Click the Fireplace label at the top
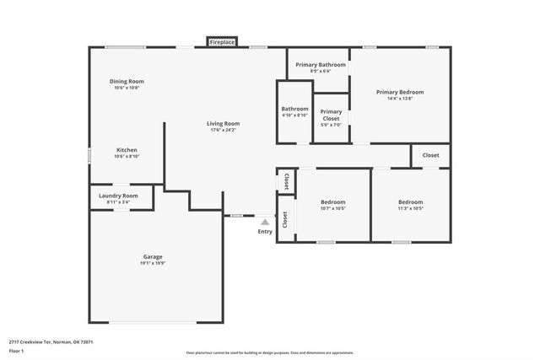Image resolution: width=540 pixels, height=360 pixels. [x=223, y=41]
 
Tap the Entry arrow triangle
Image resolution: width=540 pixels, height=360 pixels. [x=265, y=222]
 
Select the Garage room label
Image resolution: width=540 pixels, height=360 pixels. [x=153, y=256]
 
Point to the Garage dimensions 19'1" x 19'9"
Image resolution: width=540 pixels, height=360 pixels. [x=153, y=264]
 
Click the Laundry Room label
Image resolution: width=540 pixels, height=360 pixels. [x=118, y=195]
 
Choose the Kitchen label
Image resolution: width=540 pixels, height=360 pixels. [x=127, y=150]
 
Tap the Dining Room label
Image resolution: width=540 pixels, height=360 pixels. [x=127, y=81]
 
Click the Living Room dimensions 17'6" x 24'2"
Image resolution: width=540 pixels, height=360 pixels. [x=224, y=131]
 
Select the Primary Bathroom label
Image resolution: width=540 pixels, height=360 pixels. [x=321, y=64]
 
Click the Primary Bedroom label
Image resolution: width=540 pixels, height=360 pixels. [x=400, y=92]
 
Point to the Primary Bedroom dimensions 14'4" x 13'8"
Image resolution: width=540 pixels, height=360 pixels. [x=400, y=99]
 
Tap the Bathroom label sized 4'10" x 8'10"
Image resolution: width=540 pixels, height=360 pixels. [x=294, y=109]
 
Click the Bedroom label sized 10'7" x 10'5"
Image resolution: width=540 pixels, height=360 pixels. [x=333, y=201]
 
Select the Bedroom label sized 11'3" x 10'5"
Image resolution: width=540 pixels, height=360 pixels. [x=411, y=201]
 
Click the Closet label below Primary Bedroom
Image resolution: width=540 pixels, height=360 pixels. [x=430, y=155]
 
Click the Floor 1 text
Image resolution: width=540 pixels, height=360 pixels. [x=16, y=350]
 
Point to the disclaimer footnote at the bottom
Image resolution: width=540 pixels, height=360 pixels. [x=270, y=353]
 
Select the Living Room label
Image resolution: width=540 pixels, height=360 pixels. [x=224, y=124]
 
